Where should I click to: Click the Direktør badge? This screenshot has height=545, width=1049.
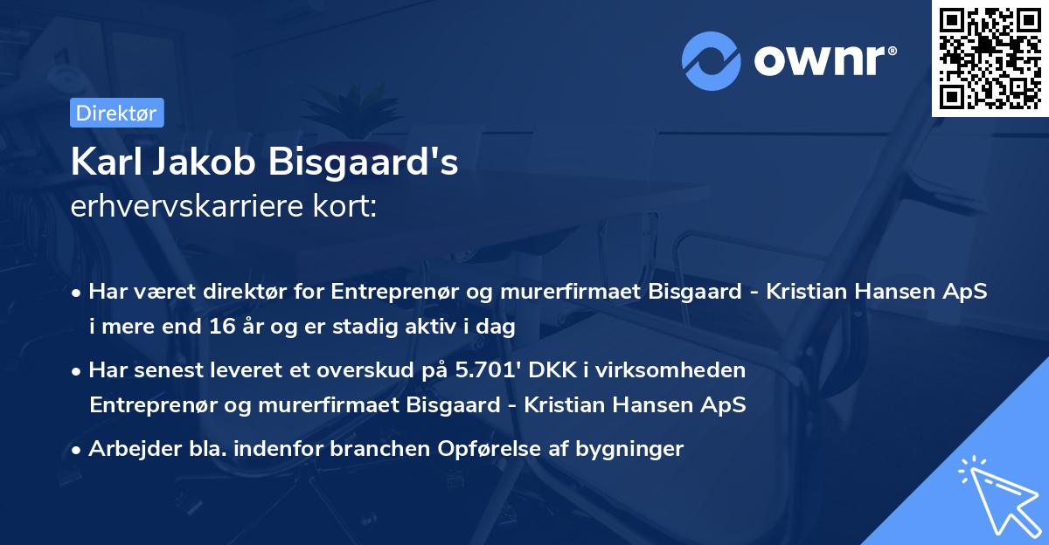(115, 113)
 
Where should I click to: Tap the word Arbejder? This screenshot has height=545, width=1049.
(127, 449)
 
